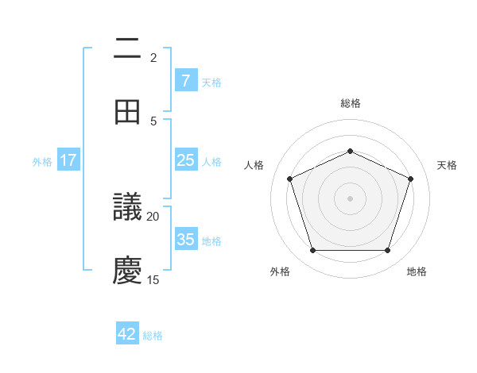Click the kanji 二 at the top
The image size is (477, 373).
coord(128,49)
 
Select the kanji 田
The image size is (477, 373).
coord(128,113)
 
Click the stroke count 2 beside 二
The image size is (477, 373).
coord(153,58)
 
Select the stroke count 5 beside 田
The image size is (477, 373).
coord(153,121)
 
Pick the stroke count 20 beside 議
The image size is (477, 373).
coord(153,216)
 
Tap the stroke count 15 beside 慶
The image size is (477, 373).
coord(153,279)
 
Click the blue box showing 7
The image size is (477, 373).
coord(185,81)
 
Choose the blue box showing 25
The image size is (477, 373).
coord(185,160)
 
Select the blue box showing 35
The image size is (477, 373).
coord(185,240)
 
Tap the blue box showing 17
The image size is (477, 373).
coord(68,160)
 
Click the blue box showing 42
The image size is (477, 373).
coord(127,334)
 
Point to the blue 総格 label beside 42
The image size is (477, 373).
coord(153,336)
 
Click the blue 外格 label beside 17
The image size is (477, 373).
coord(42,162)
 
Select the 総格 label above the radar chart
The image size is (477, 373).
coord(350,103)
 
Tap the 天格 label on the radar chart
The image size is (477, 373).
coord(447,165)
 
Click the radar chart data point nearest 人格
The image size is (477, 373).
coord(289,179)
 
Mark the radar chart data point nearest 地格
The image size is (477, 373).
coord(387,250)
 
